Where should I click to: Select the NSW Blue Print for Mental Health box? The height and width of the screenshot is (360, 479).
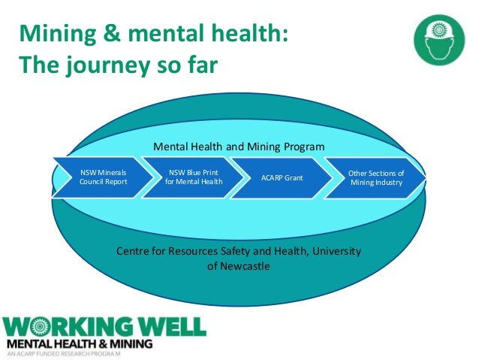[x=188, y=177]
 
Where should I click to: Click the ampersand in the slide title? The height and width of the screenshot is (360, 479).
[x=107, y=34]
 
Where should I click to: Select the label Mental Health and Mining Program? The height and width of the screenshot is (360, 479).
[x=239, y=146]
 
